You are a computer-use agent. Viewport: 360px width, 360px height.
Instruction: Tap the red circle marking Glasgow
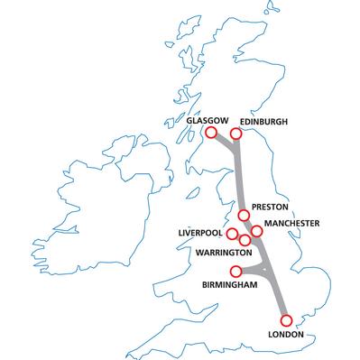211,133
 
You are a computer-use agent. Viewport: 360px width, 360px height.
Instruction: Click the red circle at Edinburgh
236,134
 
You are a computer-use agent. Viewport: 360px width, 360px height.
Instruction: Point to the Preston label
269,206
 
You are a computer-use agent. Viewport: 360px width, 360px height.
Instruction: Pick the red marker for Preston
244,215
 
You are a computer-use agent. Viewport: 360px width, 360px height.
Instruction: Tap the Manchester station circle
256,231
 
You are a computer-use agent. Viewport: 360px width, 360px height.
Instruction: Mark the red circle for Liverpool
232,235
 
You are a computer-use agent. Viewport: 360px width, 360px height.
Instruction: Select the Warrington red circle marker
245,240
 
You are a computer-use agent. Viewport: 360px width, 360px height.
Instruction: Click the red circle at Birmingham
236,271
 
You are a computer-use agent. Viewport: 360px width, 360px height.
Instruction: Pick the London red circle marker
287,319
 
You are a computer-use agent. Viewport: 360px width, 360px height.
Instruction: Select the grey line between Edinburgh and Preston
240,176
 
